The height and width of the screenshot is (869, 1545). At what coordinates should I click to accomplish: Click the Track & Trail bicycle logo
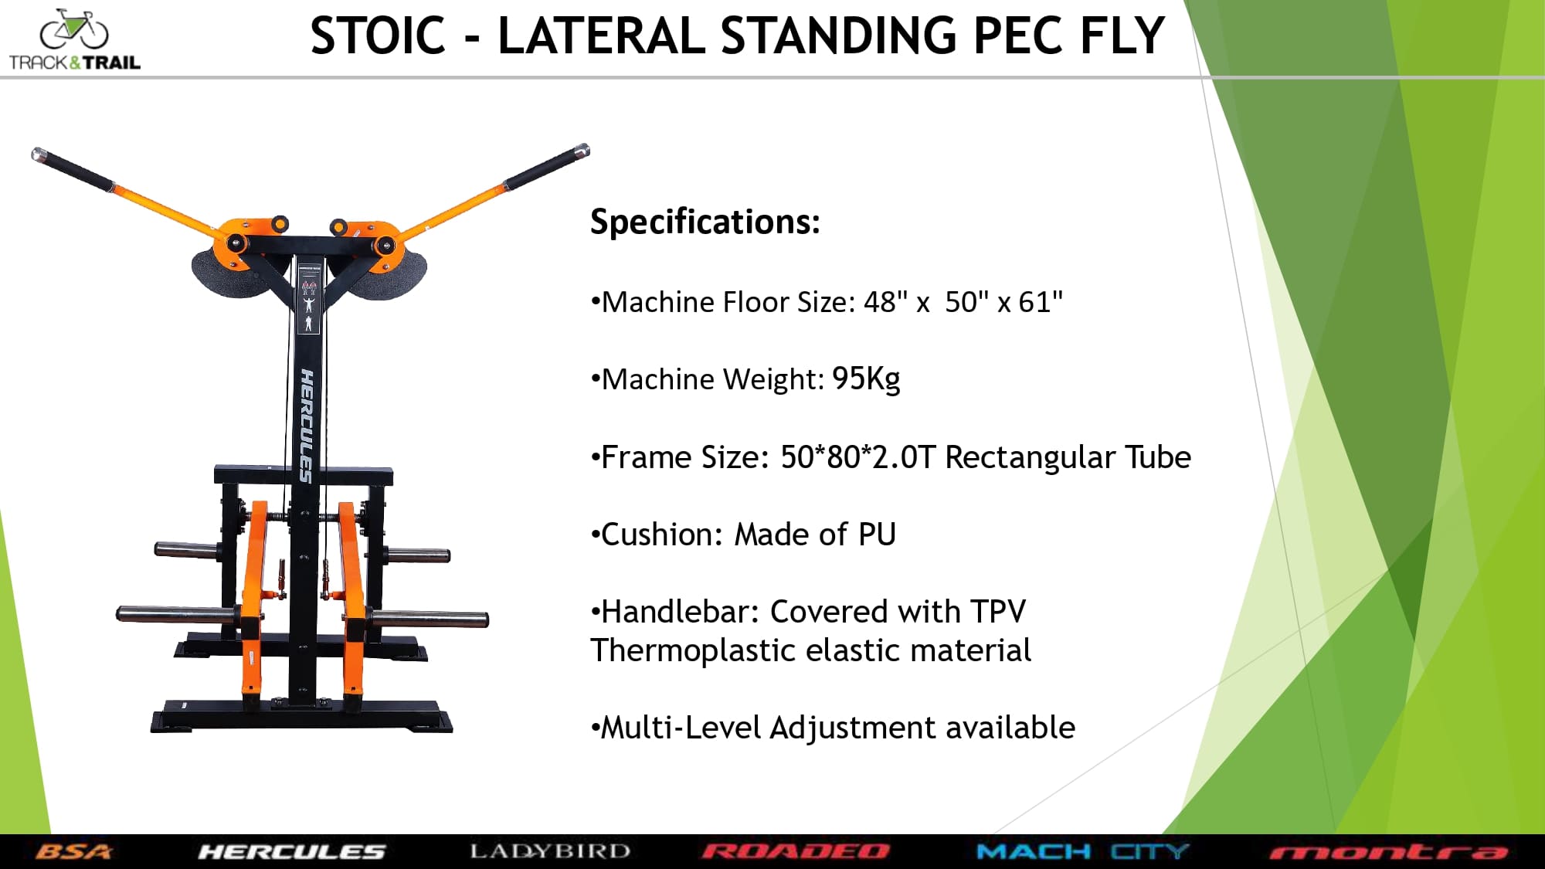[74, 40]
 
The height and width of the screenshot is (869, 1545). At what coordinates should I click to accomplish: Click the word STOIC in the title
[378, 36]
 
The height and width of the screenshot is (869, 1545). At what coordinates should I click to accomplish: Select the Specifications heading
[705, 222]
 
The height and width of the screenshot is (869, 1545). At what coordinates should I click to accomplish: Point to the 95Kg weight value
[866, 378]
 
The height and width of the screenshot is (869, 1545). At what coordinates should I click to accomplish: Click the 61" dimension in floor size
[1041, 301]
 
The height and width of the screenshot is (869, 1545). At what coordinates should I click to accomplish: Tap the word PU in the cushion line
[877, 534]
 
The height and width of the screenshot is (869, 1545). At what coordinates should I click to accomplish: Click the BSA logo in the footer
[73, 851]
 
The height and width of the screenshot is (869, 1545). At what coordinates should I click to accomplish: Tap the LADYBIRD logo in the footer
[550, 851]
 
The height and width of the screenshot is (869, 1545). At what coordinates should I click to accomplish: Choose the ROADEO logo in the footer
[796, 851]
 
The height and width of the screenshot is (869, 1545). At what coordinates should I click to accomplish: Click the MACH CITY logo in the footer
[1082, 851]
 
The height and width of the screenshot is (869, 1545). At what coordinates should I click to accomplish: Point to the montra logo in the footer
[1388, 852]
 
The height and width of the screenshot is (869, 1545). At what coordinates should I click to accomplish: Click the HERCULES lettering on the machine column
[307, 426]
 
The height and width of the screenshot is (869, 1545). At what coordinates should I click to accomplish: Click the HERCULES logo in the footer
[291, 851]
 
